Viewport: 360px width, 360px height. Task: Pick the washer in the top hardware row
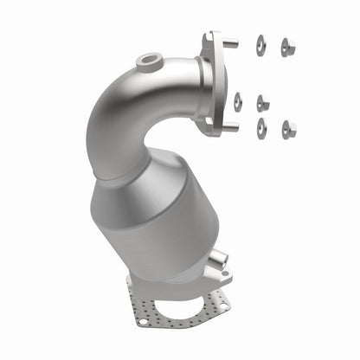(260, 44)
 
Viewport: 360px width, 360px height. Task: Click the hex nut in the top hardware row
(287, 46)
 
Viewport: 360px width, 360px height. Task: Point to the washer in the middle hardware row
(237, 101)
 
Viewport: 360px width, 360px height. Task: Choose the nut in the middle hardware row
(262, 103)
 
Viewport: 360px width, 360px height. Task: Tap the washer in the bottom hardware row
(260, 126)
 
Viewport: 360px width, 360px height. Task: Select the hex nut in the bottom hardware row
(288, 129)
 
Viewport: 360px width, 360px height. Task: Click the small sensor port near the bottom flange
(219, 257)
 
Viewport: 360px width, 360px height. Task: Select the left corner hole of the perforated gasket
(143, 322)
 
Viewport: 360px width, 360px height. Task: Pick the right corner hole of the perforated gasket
(222, 305)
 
